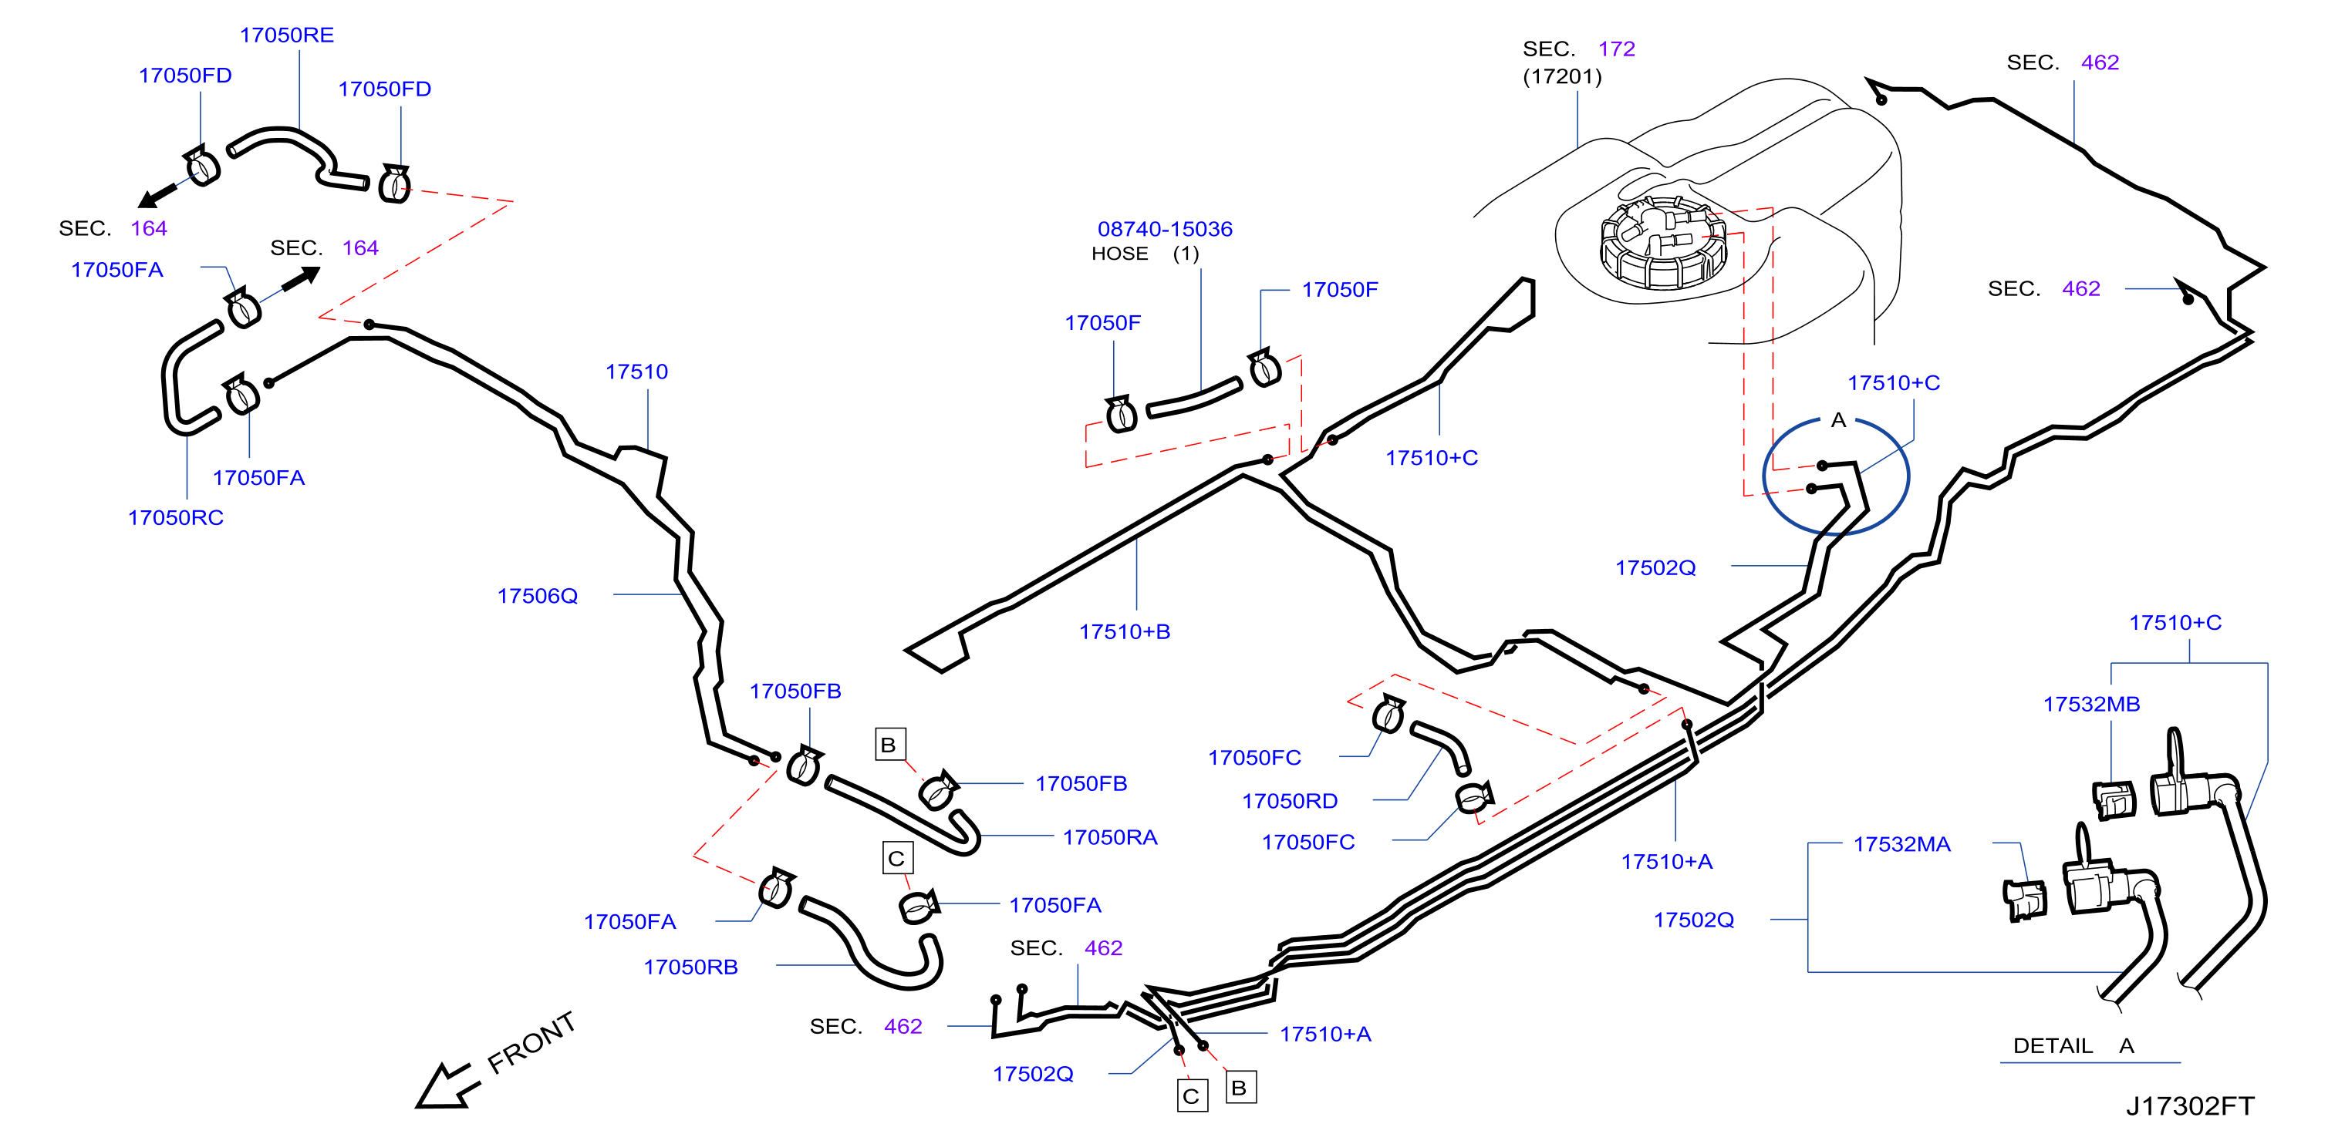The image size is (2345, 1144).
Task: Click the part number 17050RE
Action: coord(287,35)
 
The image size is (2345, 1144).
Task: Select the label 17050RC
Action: coord(176,518)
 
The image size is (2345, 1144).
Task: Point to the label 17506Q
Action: coord(537,596)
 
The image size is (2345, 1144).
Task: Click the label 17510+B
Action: coord(1124,631)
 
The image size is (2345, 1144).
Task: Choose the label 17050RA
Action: coord(1110,837)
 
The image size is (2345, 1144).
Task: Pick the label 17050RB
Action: coord(690,967)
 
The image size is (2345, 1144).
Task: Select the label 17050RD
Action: coord(1290,801)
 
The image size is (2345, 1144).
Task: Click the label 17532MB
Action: coord(2091,705)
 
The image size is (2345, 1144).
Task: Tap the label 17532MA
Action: coord(1901,845)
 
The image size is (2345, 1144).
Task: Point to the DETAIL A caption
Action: coord(2073,1045)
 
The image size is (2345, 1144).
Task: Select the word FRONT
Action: coord(531,1043)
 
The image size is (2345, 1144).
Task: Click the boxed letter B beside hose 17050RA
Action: coord(889,745)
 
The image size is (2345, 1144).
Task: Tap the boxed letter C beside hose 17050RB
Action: coord(896,858)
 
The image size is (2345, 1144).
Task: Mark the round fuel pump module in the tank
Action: coord(1662,241)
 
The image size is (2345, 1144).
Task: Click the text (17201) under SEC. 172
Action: coord(1562,76)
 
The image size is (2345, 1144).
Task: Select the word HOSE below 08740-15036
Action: coord(1120,254)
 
